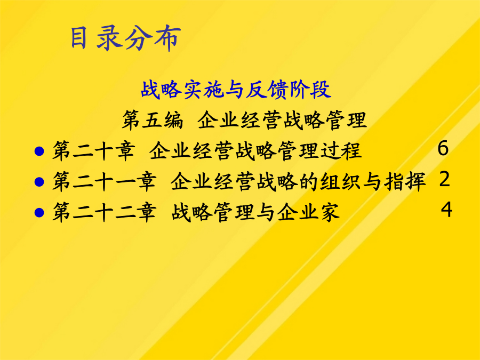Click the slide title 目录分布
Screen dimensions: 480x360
125,38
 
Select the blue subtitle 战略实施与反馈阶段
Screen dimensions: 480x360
236,90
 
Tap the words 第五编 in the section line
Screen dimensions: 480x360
153,119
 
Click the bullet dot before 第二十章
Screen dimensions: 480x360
39,151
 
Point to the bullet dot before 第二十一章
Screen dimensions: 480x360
39,182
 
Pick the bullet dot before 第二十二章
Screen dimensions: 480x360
39,212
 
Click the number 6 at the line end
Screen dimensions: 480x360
443,148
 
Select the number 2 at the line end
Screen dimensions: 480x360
444,179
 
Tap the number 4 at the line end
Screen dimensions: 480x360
446,210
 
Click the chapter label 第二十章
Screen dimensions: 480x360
93,150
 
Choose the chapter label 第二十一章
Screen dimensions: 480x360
104,181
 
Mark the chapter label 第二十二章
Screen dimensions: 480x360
104,212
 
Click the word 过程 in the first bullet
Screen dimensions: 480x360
341,150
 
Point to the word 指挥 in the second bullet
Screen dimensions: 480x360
405,181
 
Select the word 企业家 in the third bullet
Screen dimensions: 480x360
309,212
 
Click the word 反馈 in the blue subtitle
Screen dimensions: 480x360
268,90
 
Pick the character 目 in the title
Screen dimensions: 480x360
78,37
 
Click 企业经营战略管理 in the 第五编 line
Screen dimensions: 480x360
282,119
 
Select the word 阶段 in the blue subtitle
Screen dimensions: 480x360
310,90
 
